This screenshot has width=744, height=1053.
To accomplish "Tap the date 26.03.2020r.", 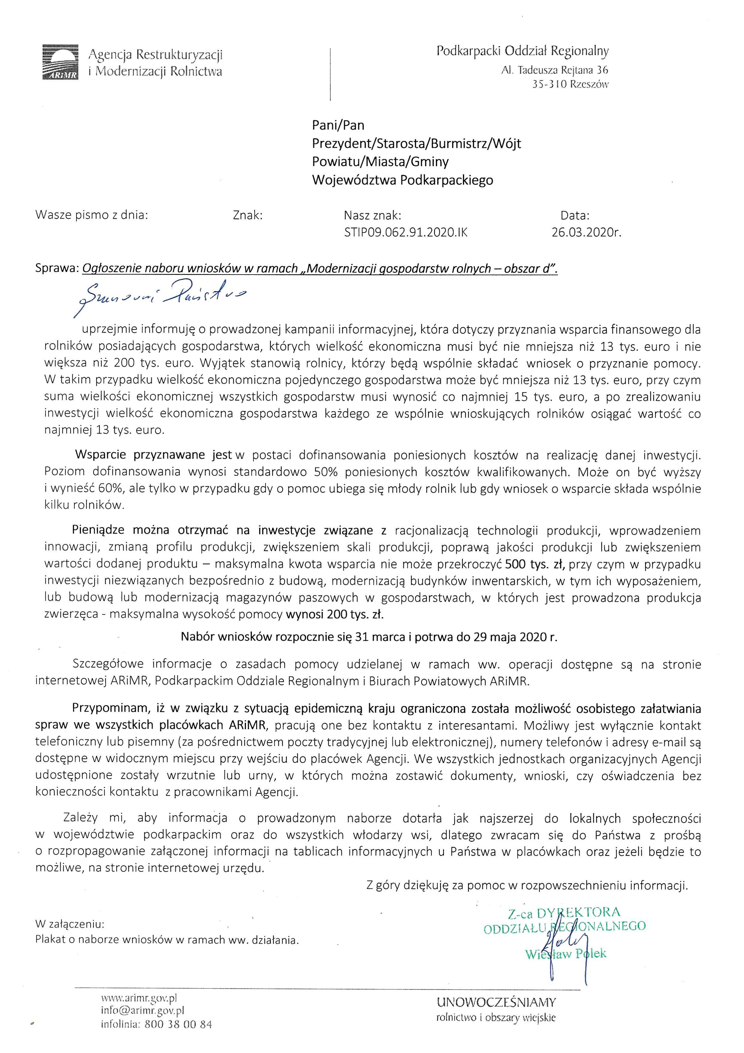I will point(586,233).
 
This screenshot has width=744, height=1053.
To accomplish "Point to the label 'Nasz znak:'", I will point(372,215).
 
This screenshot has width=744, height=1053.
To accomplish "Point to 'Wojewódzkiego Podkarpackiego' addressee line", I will point(403,180).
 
